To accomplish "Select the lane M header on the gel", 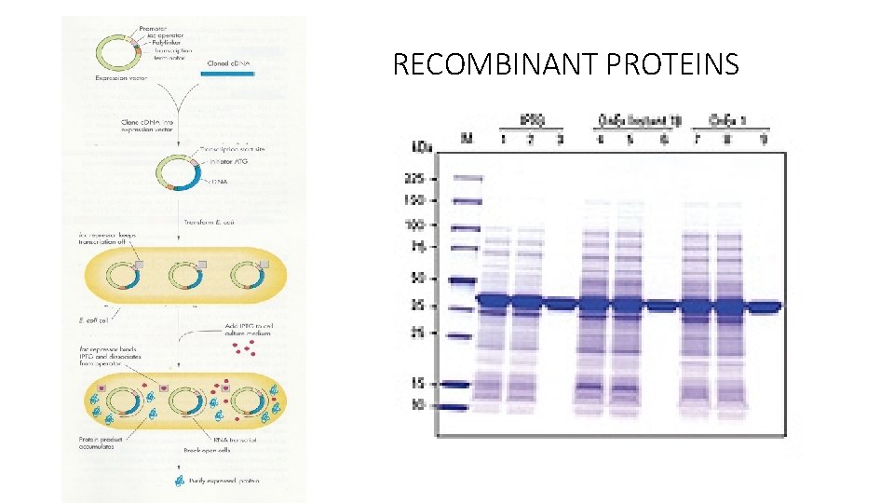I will point(467,138).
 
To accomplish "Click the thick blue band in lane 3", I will point(559,304).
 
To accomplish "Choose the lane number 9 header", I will point(764,138).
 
